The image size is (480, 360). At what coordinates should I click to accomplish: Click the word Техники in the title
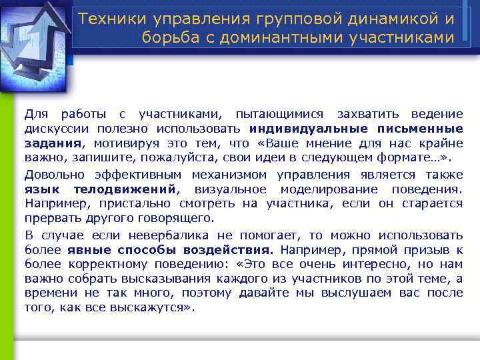[107, 18]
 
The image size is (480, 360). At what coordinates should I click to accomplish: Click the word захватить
[369, 114]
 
